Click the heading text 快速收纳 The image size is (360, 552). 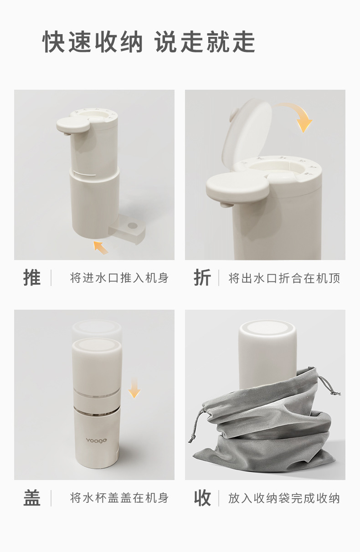point(93,42)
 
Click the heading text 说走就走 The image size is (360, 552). point(205,42)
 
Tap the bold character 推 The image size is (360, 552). point(32,278)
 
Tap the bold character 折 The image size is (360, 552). point(202,278)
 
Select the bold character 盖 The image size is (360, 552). point(32,498)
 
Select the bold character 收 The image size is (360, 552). point(202,498)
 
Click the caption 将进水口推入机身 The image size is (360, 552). point(119,278)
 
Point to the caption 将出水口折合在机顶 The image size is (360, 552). point(284,278)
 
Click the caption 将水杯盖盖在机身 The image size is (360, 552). point(119,498)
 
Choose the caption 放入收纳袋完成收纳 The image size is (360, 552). point(284,498)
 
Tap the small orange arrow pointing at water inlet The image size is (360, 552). point(101,247)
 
